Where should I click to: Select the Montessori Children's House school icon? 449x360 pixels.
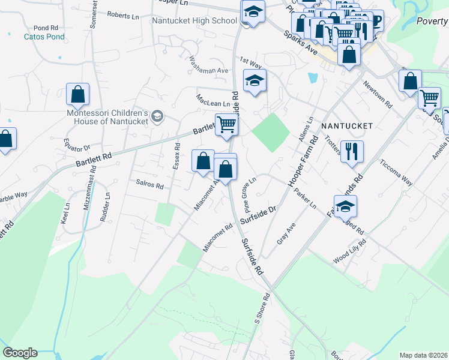[157, 116]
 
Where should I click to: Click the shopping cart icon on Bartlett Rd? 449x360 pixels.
[227, 125]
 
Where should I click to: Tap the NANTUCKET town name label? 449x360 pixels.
[347, 126]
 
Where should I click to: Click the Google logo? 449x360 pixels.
[20, 353]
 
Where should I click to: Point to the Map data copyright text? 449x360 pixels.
[424, 355]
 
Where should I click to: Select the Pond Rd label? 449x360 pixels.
[46, 28]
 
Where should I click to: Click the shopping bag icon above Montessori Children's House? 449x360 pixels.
[77, 94]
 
